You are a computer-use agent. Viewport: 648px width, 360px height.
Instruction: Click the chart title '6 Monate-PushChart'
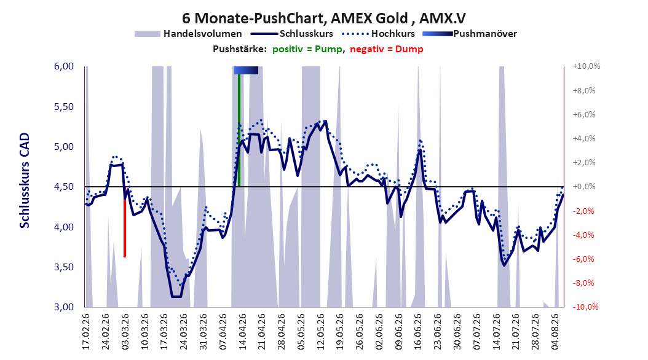click(x=253, y=18)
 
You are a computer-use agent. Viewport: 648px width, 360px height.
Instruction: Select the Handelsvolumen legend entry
click(x=188, y=34)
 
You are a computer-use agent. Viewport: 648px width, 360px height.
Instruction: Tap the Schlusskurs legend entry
click(x=292, y=34)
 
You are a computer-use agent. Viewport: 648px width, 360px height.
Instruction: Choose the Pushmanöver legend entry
click(x=470, y=34)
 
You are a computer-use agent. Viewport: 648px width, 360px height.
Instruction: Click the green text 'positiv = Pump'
click(x=307, y=49)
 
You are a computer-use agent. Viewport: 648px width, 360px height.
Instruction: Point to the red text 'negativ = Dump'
click(x=387, y=49)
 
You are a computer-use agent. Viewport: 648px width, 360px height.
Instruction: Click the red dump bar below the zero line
click(x=125, y=222)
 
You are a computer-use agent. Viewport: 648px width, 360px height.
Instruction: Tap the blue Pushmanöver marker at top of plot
click(x=246, y=70)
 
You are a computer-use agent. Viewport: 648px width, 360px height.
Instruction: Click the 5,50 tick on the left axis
click(x=64, y=106)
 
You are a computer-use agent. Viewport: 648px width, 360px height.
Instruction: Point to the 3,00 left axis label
click(x=64, y=307)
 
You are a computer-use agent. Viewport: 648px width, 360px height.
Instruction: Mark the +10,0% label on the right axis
click(x=587, y=66)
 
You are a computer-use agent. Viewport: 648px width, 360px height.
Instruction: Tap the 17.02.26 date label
click(x=86, y=332)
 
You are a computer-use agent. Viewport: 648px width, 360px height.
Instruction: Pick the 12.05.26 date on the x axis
click(x=320, y=332)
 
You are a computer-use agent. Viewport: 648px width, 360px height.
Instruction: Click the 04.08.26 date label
click(x=555, y=332)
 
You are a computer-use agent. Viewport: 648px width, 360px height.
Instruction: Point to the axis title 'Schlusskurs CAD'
click(x=25, y=181)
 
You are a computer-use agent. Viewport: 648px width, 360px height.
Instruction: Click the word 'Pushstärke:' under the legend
click(x=240, y=49)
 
